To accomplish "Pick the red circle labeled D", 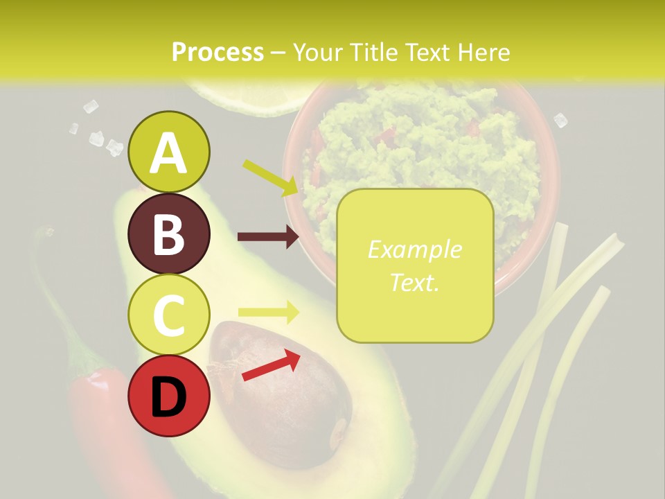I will [168, 396].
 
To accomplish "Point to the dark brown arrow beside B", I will [268, 236].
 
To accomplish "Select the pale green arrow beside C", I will [268, 312].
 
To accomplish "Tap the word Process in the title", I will [218, 52].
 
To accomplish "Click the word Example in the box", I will [414, 249].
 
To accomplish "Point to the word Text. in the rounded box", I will [414, 282].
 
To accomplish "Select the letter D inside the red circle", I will [168, 397].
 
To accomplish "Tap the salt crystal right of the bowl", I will [560, 121].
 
